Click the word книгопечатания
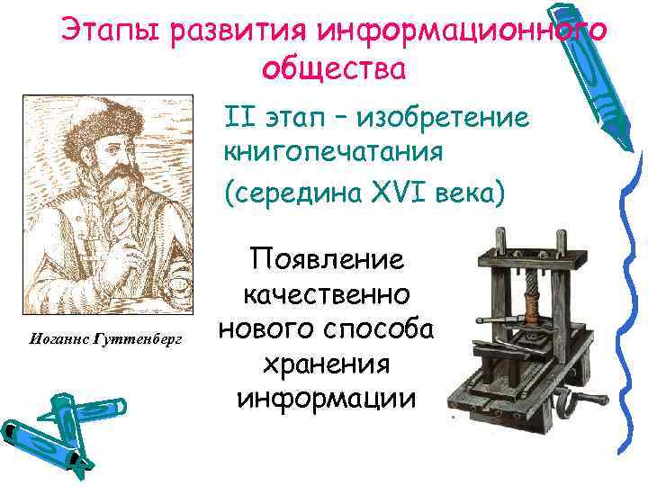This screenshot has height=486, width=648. pyautogui.click(x=334, y=152)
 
